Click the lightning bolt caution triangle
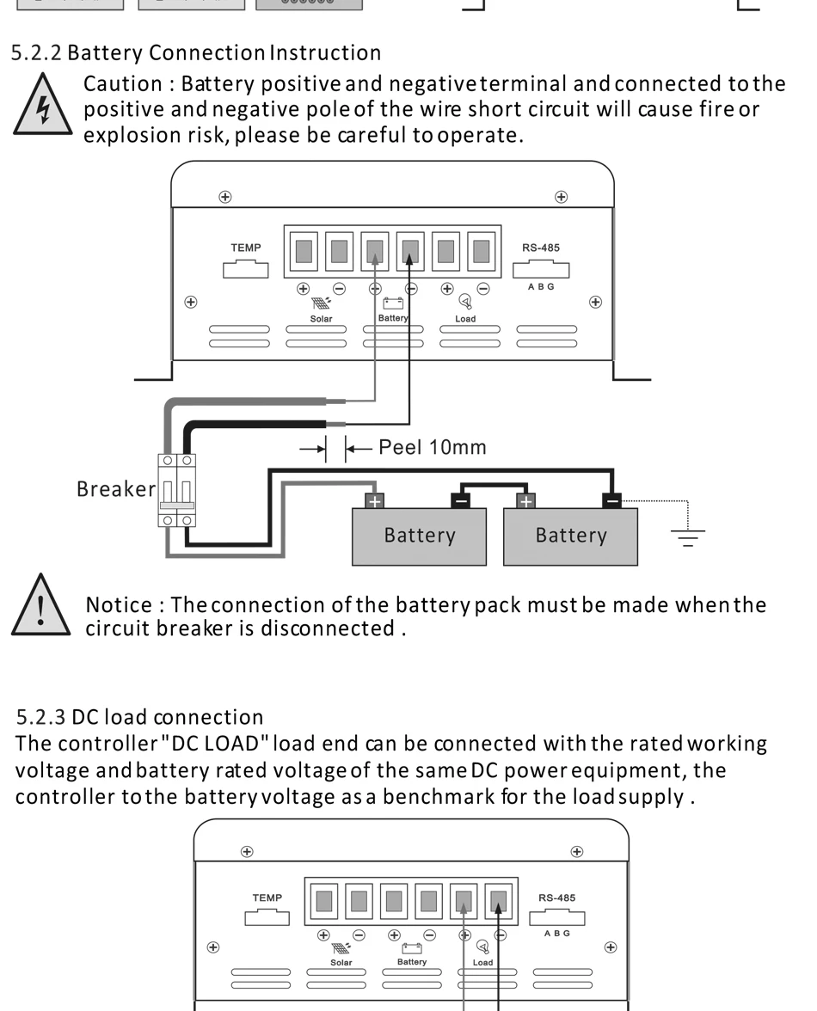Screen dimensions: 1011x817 40,108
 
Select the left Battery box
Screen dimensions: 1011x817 419,536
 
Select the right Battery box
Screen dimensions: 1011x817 570,536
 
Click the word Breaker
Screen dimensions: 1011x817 115,489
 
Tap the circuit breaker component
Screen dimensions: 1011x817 177,489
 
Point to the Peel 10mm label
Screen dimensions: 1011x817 433,447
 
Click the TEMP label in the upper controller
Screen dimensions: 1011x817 245,248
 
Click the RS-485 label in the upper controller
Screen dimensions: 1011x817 540,248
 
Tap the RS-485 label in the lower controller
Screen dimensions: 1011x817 556,898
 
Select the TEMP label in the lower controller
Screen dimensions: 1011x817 267,898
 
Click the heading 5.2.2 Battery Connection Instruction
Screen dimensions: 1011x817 196,52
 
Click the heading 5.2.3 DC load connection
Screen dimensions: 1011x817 140,716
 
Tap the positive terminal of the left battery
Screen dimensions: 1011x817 374,500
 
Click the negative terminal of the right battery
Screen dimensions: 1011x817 611,500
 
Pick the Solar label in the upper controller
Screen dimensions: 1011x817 321,319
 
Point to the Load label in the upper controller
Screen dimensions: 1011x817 465,319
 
